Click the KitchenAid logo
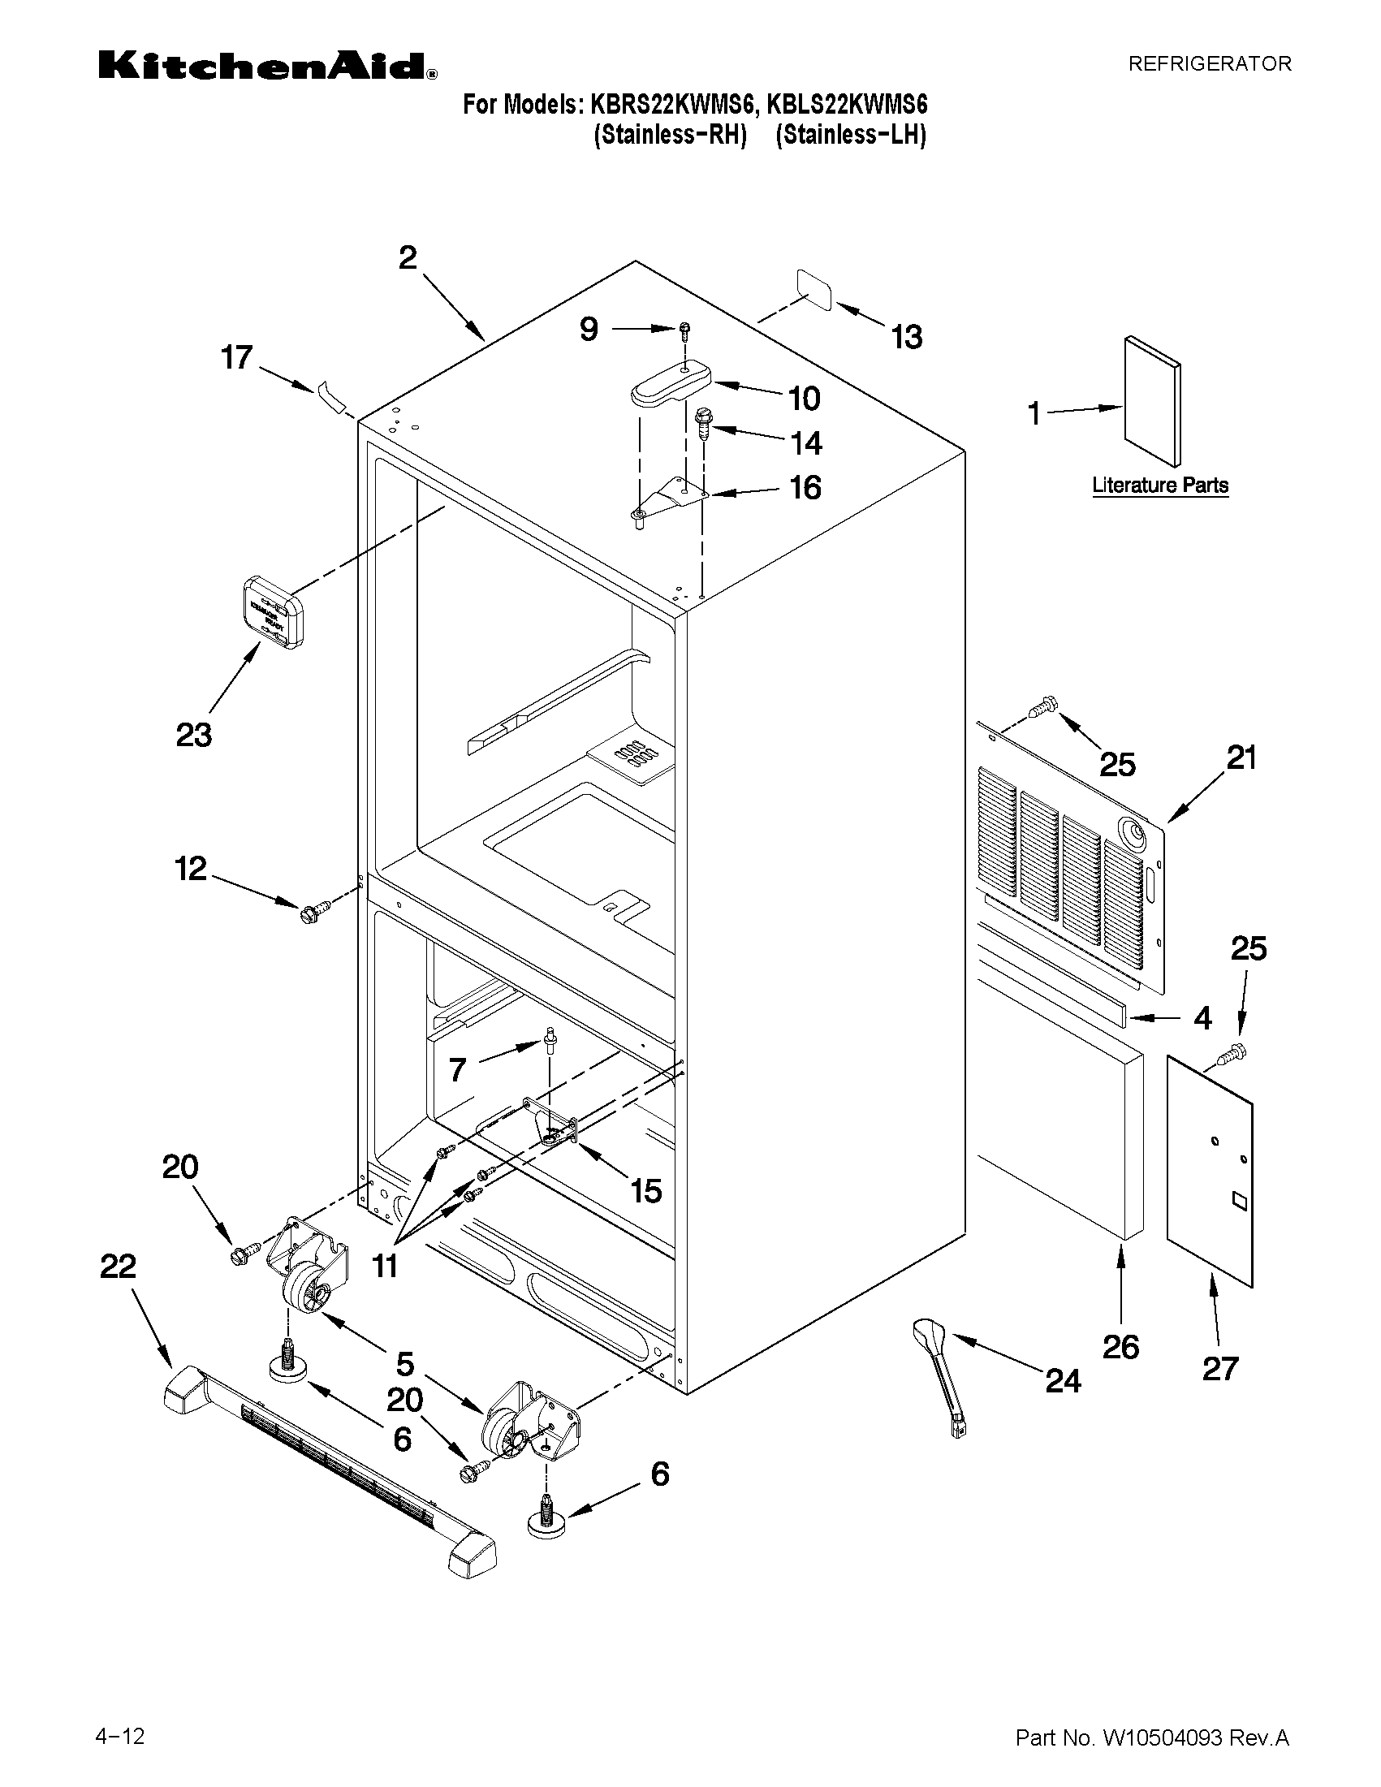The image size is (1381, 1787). point(267,66)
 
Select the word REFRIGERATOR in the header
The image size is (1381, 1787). point(1209,64)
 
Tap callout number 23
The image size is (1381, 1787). point(194,735)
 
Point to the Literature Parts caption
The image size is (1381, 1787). point(1160,486)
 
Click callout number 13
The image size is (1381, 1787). point(907,336)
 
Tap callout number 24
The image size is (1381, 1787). point(1063,1381)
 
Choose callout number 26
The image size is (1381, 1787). point(1120,1346)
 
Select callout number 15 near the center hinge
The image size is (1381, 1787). point(645,1190)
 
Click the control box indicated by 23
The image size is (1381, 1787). point(273,611)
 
